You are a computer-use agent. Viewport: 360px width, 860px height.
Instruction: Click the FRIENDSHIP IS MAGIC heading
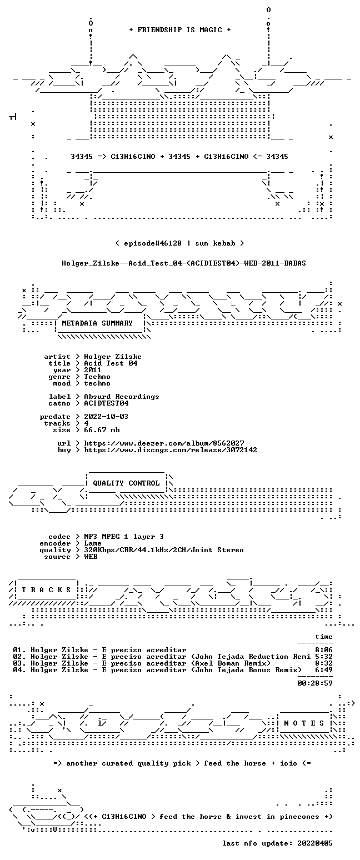(x=180, y=30)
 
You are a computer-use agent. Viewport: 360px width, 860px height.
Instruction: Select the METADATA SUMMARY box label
(x=97, y=323)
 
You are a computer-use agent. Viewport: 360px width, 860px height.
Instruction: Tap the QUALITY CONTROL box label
(x=126, y=483)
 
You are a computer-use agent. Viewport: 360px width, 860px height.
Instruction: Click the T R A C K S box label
(x=46, y=590)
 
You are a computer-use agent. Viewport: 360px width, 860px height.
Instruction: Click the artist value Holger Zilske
(x=113, y=357)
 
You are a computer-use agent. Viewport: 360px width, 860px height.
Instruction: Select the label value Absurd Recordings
(x=122, y=397)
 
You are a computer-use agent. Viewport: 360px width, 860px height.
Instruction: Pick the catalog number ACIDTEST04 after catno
(x=106, y=403)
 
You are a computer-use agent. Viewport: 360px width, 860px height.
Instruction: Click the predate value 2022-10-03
(x=106, y=417)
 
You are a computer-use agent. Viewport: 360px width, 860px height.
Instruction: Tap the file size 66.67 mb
(x=102, y=430)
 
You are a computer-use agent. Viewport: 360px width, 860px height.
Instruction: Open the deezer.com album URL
(x=164, y=443)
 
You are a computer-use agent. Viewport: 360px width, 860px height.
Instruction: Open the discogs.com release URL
(x=171, y=450)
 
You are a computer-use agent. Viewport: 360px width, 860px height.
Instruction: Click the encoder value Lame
(x=93, y=543)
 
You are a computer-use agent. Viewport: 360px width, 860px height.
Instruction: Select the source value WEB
(x=91, y=557)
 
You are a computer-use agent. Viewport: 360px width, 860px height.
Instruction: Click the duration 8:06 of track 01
(x=324, y=650)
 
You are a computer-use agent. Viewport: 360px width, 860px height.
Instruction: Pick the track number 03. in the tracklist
(x=19, y=663)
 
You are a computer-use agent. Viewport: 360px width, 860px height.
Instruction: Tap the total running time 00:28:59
(x=315, y=683)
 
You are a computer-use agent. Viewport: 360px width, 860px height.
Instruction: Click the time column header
(x=324, y=637)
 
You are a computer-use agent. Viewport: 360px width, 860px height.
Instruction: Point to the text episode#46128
(x=153, y=243)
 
